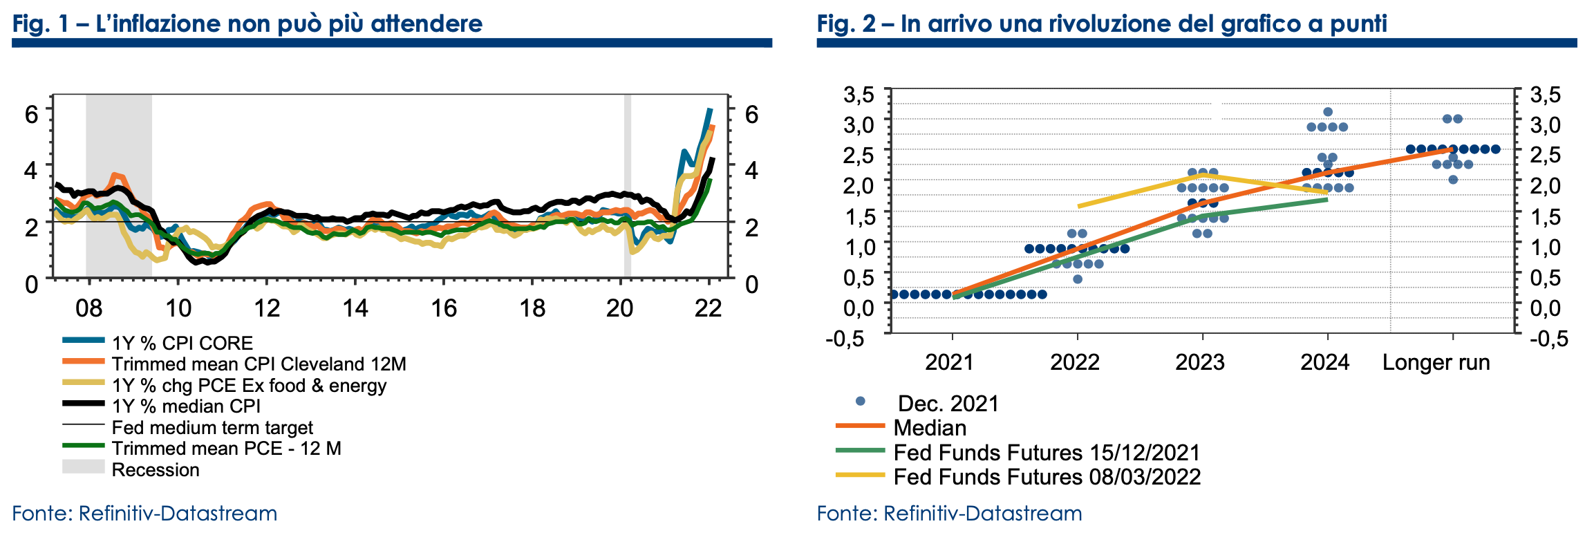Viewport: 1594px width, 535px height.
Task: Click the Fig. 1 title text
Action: coord(247,24)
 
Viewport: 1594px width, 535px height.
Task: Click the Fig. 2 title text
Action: coord(1101,24)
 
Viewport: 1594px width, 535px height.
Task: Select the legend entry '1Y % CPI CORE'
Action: coord(182,343)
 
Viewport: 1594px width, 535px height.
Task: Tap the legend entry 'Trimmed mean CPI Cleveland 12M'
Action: coord(259,364)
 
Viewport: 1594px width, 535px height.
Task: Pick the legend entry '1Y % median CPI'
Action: coord(186,406)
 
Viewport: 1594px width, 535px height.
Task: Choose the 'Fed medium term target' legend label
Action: coord(212,428)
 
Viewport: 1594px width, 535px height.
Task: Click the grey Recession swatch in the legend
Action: coord(83,467)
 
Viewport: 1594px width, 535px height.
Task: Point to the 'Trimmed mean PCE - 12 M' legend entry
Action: coord(226,449)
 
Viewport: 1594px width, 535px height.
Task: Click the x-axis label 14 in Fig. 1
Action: coord(355,308)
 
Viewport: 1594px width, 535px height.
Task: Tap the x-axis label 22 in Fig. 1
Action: coord(708,308)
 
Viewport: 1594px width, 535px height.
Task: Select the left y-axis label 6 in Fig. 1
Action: coord(31,114)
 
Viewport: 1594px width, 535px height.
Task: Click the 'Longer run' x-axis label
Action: coord(1436,362)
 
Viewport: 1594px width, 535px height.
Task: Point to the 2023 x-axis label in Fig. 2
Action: coord(1200,362)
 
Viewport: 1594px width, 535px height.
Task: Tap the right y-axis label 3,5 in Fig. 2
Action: coord(1545,95)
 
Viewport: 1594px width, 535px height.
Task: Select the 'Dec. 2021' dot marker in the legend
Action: coord(860,402)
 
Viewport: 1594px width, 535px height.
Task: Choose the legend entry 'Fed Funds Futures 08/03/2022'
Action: coord(1047,477)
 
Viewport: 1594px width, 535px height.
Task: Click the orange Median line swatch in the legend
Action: coord(860,426)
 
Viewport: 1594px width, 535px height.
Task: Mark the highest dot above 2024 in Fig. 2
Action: coord(1327,112)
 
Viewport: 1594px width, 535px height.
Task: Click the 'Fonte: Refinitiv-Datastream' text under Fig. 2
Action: coord(949,514)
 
